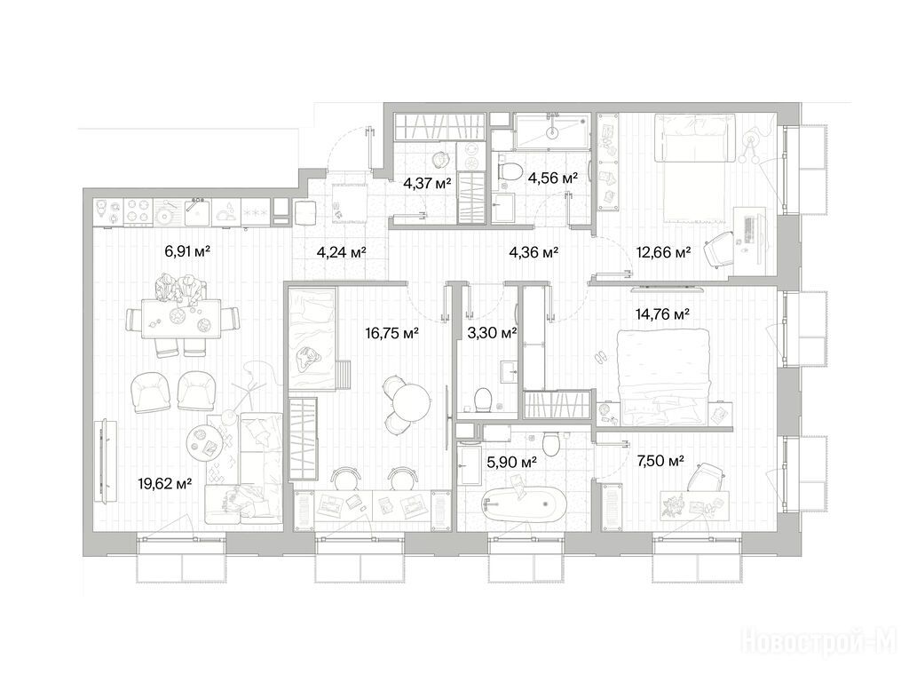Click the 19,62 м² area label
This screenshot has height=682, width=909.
[165, 483]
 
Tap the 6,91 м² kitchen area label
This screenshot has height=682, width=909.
[186, 251]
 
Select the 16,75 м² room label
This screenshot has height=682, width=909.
[391, 333]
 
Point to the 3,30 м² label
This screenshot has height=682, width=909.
[492, 333]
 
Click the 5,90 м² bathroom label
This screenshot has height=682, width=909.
[511, 462]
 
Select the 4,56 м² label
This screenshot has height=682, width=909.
[552, 178]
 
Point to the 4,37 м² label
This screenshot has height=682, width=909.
[427, 184]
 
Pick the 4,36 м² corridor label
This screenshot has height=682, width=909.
[534, 252]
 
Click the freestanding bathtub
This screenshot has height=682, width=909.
[525, 504]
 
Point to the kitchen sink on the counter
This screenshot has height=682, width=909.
[198, 212]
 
